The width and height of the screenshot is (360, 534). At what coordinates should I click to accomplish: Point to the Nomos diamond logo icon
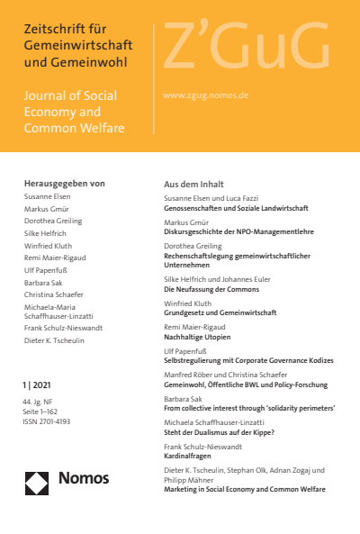pos(38,483)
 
